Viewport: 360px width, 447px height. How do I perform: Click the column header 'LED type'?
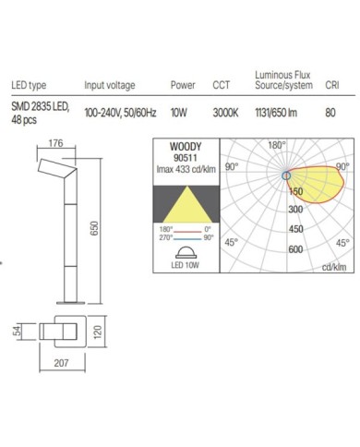(29, 85)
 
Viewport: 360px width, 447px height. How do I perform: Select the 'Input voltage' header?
(110, 85)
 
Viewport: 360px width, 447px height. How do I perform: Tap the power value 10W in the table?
(179, 113)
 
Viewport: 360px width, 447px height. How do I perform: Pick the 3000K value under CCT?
(225, 113)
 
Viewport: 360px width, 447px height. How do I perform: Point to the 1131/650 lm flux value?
(276, 113)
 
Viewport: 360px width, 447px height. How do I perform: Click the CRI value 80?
(330, 113)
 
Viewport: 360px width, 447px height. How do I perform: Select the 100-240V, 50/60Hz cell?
(120, 113)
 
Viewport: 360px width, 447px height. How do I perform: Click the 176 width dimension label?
(55, 143)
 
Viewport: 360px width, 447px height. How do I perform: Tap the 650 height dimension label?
(95, 228)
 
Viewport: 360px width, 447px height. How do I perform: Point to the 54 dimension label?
(18, 331)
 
